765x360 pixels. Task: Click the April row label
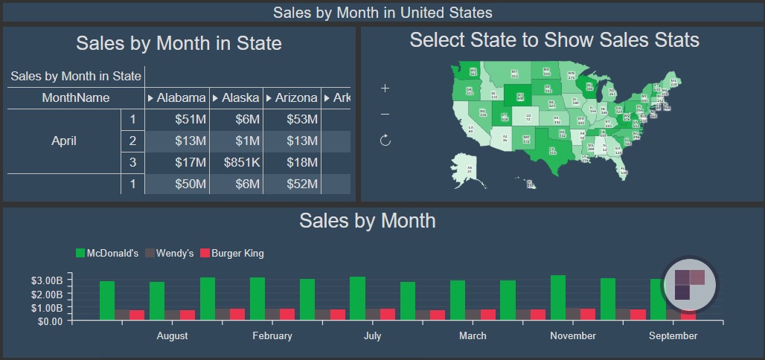[64, 141]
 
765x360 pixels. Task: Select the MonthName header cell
[75, 97]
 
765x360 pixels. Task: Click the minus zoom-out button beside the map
[385, 114]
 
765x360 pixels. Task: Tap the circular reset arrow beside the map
[385, 140]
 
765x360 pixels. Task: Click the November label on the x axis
[573, 335]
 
